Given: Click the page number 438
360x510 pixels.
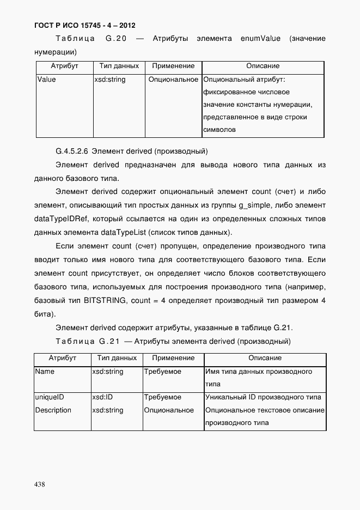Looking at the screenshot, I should pos(40,484).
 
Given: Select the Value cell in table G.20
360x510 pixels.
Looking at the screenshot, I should pos(46,80).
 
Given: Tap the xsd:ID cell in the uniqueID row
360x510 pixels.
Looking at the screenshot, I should pos(102,397).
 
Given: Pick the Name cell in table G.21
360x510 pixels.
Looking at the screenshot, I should pos(45,372).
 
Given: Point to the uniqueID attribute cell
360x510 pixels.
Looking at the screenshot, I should pos(50,397).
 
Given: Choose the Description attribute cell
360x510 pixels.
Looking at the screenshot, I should pos(53,410).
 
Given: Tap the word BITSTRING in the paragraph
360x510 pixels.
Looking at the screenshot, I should pos(105,301).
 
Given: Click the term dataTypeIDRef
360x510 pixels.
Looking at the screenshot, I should pos(58,219).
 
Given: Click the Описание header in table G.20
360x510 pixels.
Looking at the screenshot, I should pos(263,66).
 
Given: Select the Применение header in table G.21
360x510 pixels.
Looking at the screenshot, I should pos(173,358).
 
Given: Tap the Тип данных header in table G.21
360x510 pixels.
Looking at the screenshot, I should pos(117,358).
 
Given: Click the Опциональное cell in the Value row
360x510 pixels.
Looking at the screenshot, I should pos(173,80).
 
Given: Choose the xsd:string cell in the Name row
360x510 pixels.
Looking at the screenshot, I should pos(108,372).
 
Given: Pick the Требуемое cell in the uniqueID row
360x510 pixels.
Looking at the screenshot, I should pos(163,397).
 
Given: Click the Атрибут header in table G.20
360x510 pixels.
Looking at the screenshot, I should pos(64,66).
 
